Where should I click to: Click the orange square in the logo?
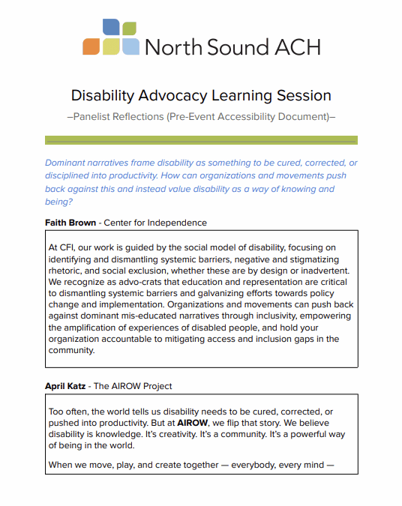[91, 46]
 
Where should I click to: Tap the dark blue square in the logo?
[111, 28]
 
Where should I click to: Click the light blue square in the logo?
[130, 46]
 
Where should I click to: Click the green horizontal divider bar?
[201, 140]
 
